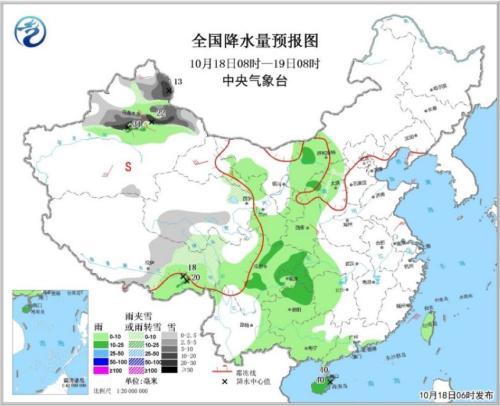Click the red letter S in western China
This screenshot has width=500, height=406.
point(128,167)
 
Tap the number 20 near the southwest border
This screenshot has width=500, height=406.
point(196,277)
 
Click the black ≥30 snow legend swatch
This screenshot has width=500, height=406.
point(170,370)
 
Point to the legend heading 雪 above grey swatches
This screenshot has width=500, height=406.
point(171,325)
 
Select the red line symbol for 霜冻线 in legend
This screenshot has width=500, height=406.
point(224,370)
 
